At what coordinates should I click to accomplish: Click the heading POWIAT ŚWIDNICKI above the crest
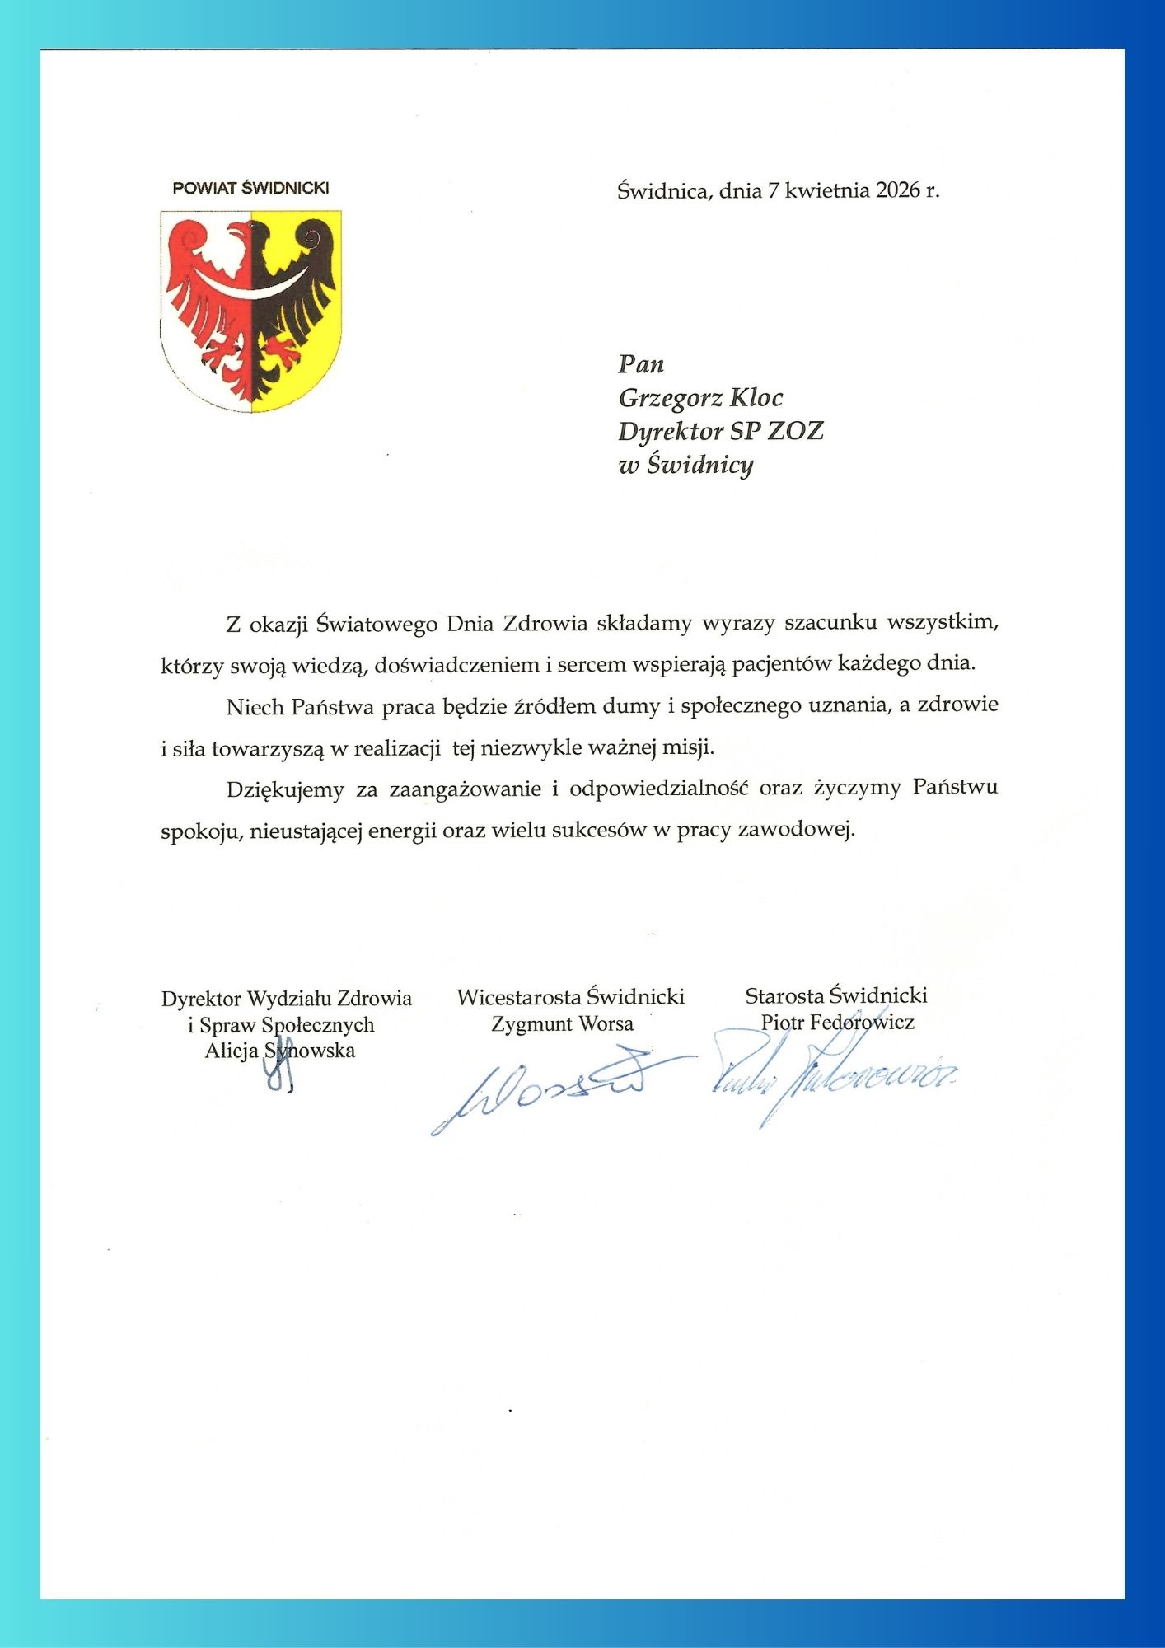tap(250, 188)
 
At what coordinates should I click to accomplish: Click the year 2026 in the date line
tap(897, 191)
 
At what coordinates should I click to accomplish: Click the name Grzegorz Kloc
tap(700, 398)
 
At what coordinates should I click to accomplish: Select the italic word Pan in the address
tap(641, 364)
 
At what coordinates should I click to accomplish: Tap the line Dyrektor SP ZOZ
tap(721, 431)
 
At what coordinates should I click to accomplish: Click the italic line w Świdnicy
tap(685, 466)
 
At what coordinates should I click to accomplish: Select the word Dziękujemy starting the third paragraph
tap(285, 789)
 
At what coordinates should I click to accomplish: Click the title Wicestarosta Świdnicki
tap(571, 997)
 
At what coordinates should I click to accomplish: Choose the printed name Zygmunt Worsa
tap(563, 1024)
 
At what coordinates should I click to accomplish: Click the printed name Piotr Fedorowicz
tap(837, 1023)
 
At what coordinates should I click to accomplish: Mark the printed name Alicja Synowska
tap(280, 1051)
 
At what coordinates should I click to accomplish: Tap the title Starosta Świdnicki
tap(836, 995)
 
